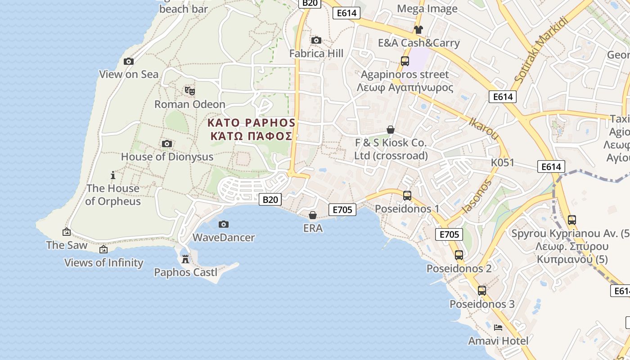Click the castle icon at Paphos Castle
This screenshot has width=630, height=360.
coord(185,259)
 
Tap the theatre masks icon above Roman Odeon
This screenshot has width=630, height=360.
coord(190,90)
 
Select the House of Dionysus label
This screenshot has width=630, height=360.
coord(167,157)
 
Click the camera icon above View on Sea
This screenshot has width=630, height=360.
coord(129,61)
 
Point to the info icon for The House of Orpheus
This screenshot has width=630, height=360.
coord(113,175)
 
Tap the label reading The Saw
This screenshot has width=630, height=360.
coord(67,245)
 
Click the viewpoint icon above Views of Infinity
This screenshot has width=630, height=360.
coord(103,249)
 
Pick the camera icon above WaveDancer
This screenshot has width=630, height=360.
coord(224,224)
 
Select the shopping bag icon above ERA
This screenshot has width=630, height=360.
coord(313,215)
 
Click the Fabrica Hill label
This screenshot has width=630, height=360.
coord(316,53)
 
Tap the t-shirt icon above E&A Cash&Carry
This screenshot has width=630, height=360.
coord(418,30)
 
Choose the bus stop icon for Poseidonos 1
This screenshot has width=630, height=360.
coord(407,196)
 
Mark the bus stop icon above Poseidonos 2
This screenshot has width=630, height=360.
coord(459,255)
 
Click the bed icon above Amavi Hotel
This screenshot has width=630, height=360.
coord(498,327)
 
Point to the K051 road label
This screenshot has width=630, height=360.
coord(502,162)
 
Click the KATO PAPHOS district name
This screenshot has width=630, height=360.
coord(251,123)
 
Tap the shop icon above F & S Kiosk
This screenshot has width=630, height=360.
coord(391,130)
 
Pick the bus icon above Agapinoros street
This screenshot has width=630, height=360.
coord(405,61)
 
